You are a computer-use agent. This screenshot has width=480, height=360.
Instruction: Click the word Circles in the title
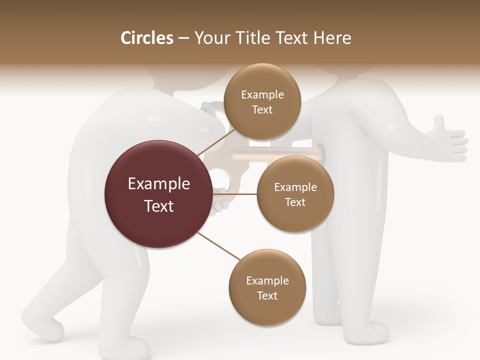tap(147, 38)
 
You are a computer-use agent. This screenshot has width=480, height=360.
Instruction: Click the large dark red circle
tap(158, 194)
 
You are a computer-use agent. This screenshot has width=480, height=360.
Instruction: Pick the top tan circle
tap(261, 101)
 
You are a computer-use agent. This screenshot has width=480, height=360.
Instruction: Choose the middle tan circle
tap(295, 194)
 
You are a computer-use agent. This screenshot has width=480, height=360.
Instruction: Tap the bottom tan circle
tap(267, 287)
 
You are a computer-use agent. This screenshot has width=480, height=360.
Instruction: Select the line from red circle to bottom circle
tap(219, 247)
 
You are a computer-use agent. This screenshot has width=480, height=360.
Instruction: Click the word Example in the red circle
tap(159, 184)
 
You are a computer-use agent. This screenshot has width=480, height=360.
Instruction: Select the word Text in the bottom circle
tap(267, 295)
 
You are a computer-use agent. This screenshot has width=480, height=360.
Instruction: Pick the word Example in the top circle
tap(262, 94)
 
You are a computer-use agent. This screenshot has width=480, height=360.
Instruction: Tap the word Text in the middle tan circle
tap(295, 202)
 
